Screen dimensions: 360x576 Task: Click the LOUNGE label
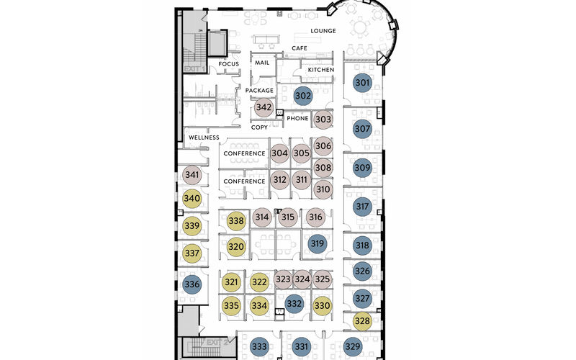(324, 31)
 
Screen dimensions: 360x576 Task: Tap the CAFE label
(300, 48)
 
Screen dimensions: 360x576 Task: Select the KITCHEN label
(321, 70)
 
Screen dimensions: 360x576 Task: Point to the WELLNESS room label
(204, 138)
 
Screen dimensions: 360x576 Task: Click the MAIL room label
(262, 63)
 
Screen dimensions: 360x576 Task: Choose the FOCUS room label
(228, 64)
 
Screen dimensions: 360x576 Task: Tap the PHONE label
(297, 118)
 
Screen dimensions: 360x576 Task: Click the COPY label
(259, 127)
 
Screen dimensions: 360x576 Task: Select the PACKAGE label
(259, 91)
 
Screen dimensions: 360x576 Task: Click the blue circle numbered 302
(303, 95)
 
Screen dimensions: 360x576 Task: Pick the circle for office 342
(264, 107)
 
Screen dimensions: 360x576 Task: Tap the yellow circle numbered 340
(192, 199)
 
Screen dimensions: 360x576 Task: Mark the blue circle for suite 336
(192, 284)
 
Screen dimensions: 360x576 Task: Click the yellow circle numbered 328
(362, 321)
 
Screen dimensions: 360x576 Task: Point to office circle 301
(362, 83)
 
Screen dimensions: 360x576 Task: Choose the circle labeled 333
(260, 347)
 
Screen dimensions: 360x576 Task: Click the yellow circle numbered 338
(236, 221)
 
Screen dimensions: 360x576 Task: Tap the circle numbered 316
(315, 217)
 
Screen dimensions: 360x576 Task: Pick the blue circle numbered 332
(294, 305)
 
